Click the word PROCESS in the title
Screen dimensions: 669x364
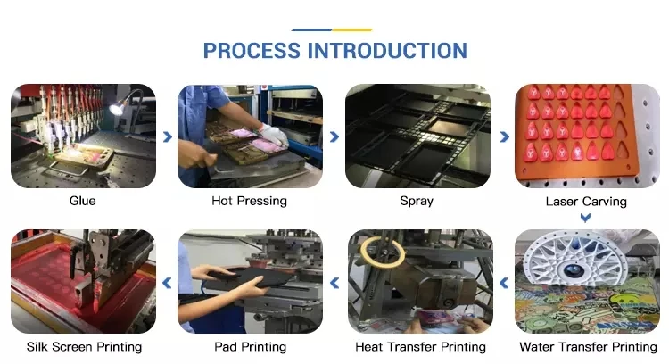(x=252, y=50)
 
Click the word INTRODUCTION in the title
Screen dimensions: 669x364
(x=387, y=50)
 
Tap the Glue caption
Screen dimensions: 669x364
(x=82, y=201)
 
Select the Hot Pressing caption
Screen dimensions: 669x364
(x=249, y=201)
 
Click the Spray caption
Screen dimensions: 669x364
(x=417, y=201)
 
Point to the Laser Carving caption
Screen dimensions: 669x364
(x=586, y=201)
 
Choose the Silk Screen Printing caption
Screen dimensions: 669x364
(x=83, y=346)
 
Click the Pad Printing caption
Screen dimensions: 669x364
(x=250, y=346)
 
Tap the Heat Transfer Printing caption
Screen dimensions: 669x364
(x=420, y=346)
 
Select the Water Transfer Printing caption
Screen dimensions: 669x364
(x=588, y=346)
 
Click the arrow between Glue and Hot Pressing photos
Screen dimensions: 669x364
(x=167, y=136)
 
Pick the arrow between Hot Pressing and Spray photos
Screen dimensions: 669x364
(x=334, y=136)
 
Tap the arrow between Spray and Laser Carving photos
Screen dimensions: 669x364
(x=503, y=136)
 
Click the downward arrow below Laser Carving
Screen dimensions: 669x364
(x=586, y=217)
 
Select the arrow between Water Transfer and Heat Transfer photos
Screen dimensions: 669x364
(x=503, y=283)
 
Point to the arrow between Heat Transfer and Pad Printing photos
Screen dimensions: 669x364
(x=334, y=283)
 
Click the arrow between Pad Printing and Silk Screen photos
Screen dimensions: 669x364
(x=167, y=283)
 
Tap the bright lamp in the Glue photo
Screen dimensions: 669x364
(x=117, y=109)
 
